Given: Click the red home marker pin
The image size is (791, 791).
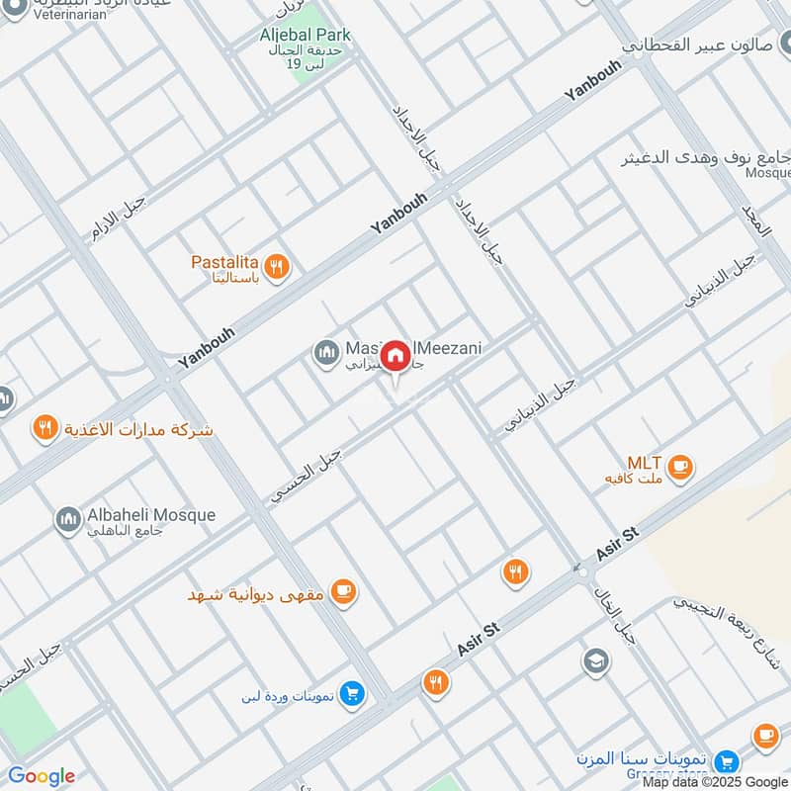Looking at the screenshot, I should tap(395, 356).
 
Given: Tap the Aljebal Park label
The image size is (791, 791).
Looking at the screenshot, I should tap(306, 36).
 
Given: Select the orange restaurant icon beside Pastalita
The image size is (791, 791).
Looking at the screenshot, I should tap(277, 265).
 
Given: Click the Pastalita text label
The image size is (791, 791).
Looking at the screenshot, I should tap(224, 263).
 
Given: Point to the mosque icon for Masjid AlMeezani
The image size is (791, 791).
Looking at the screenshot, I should tap(325, 352).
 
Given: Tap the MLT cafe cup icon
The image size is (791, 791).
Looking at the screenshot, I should tap(679, 467).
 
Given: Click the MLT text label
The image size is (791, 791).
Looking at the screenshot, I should tap(644, 463).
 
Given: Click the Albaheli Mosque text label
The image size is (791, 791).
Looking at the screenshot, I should tap(150, 515).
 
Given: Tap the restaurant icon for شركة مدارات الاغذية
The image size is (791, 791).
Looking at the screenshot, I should tap(44, 428).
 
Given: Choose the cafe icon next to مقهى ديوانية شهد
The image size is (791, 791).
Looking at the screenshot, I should tap(343, 592).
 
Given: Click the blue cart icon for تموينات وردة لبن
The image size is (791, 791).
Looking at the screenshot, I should tap(350, 695).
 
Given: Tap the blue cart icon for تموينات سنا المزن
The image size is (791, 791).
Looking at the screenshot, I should tap(727, 760).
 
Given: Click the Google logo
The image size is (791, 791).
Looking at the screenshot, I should tap(42, 776).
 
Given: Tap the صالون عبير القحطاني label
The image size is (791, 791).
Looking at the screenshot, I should tap(706, 45).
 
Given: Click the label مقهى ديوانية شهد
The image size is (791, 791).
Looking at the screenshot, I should tap(257, 594).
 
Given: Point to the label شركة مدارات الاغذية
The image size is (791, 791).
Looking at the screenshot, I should tap(137, 430).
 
